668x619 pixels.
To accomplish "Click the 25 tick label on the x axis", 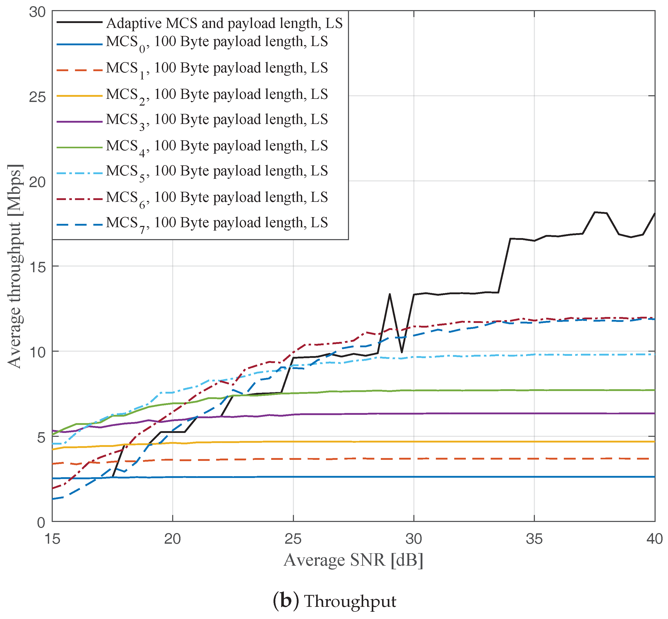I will [x=293, y=539].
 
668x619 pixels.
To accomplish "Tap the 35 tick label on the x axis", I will [x=534, y=539].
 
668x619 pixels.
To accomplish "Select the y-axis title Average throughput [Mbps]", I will [x=15, y=267].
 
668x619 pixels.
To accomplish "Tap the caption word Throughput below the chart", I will [x=350, y=602].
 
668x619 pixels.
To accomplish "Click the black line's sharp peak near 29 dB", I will [x=390, y=294].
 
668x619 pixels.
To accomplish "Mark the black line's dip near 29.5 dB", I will [x=402, y=352].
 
